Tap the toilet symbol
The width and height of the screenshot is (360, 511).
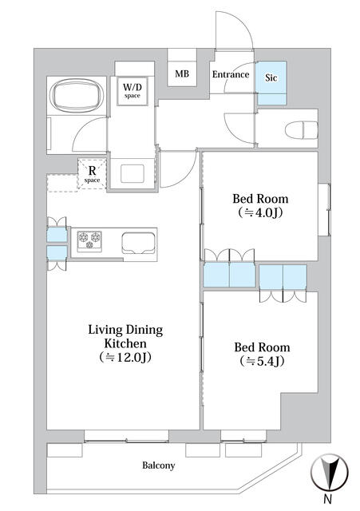click(302, 130)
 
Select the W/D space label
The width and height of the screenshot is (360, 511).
click(133, 90)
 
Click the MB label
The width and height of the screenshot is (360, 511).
click(182, 74)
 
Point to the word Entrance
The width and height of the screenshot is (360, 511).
click(231, 74)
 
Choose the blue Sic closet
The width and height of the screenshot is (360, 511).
click(271, 83)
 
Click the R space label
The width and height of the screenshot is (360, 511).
click(93, 174)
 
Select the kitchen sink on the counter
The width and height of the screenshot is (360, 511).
click(138, 243)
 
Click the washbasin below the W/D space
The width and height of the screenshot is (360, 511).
click(133, 174)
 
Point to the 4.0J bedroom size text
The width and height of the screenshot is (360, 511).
click(260, 213)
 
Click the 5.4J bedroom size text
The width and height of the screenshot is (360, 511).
click(262, 362)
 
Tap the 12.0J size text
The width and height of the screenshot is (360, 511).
click(125, 358)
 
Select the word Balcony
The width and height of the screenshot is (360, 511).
click(158, 465)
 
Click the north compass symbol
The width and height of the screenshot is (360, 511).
click(330, 472)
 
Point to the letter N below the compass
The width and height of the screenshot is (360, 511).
click(328, 499)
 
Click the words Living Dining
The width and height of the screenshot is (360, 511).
click(125, 330)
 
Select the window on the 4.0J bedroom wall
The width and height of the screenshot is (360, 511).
click(325, 210)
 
